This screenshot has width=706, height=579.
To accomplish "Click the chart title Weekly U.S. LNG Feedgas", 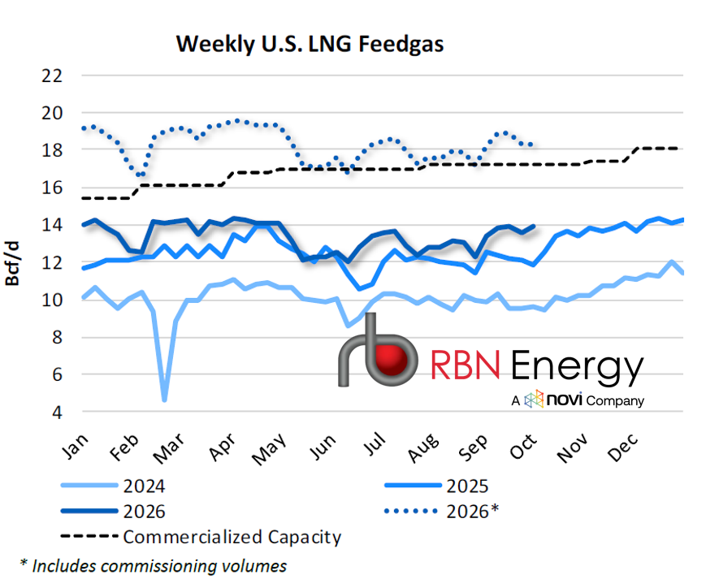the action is click(310, 44).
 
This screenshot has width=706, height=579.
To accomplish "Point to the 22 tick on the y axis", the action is click(52, 76).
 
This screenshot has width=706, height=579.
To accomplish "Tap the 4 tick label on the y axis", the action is click(57, 412).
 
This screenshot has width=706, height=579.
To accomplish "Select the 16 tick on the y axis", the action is click(52, 188).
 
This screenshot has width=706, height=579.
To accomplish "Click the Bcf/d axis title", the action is click(12, 263).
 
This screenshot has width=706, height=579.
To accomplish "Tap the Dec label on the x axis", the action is click(622, 447).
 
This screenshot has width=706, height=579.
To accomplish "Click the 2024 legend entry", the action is click(114, 486).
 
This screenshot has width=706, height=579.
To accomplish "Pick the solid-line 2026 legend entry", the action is click(114, 512).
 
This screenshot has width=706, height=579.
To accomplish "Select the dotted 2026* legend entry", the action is click(442, 512).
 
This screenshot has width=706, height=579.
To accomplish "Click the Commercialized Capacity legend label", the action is click(232, 537).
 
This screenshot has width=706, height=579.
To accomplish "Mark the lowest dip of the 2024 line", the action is click(164, 400).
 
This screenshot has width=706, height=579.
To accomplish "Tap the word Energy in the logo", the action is click(578, 365).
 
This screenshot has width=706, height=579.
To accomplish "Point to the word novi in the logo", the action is click(565, 400).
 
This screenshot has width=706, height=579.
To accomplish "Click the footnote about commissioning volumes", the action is click(154, 566).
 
